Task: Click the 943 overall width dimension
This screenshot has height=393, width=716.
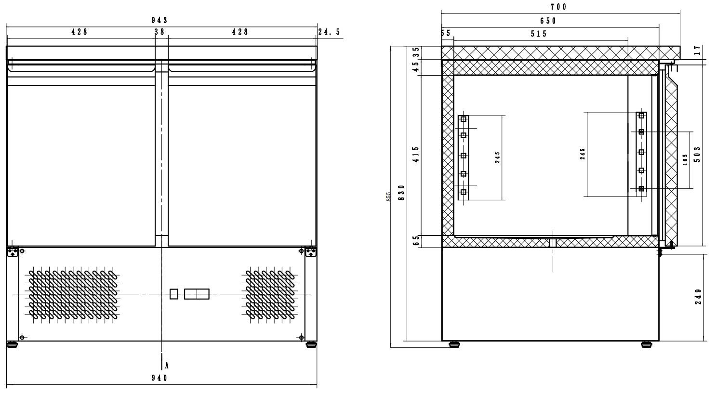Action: coord(159,20)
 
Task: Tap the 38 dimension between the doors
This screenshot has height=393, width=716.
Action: coord(159,32)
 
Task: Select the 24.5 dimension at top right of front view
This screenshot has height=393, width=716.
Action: coord(329,32)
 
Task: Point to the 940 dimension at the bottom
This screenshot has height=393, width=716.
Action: coord(159,378)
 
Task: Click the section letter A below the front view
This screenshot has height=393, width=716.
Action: coord(167,365)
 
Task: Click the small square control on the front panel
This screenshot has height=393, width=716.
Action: coord(174,294)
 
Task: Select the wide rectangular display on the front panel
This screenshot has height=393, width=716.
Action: coord(197,294)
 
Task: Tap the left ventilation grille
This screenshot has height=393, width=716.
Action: coord(74,295)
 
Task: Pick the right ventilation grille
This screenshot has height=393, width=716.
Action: coord(271,295)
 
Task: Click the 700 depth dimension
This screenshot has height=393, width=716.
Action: coord(558,7)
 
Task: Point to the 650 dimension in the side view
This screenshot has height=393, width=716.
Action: coord(548,21)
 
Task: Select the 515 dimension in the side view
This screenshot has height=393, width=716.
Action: coord(539,34)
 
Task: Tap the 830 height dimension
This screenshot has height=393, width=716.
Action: coord(401,192)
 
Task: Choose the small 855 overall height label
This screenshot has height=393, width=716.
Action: coord(388,196)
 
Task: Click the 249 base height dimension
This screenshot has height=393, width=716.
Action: coord(699,297)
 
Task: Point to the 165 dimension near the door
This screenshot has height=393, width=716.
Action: coord(685,160)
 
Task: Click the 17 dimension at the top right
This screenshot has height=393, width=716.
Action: coord(698,50)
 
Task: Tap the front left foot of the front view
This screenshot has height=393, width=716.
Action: coord(12,344)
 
